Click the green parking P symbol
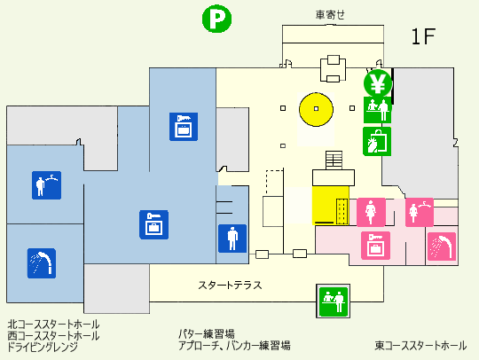point(217,19)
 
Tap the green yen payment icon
point(378,83)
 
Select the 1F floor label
point(423,36)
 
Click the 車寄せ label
point(330,15)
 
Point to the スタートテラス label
point(230,286)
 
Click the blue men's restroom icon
point(232,239)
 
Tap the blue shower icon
point(42,263)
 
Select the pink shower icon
point(442,247)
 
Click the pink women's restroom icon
point(371,212)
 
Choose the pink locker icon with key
point(375,246)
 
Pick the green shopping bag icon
point(377,142)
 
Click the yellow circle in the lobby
point(316,109)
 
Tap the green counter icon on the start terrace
point(334,301)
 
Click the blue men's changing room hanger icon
point(46,185)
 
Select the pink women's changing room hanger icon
point(420,212)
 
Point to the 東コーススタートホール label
point(420,346)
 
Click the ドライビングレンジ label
point(43,347)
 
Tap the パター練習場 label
point(207,333)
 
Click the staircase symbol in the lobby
point(334,160)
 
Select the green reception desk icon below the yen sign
point(377,110)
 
